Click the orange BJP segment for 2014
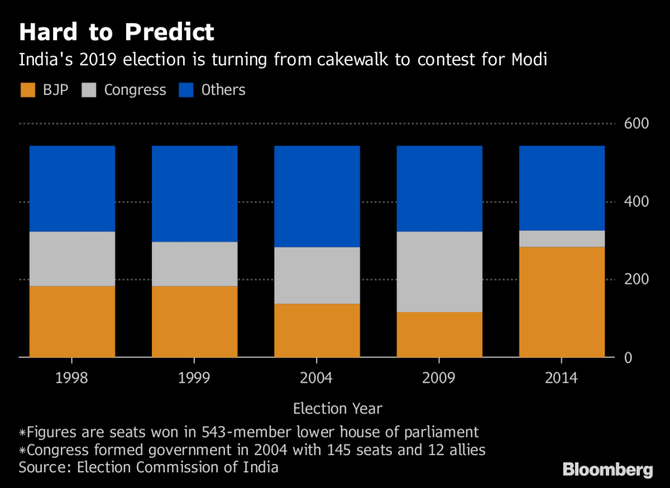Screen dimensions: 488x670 click(561, 302)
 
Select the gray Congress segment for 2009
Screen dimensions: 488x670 click(439, 271)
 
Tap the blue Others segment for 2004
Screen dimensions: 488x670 click(317, 196)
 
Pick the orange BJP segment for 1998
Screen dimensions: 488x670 click(72, 321)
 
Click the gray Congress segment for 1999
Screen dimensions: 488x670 click(194, 264)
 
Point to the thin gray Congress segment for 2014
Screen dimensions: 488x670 click(561, 238)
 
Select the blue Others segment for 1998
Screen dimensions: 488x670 click(72, 188)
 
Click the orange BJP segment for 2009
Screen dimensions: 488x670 click(439, 334)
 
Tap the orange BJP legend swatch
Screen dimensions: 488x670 click(27, 90)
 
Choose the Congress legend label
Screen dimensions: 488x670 click(135, 90)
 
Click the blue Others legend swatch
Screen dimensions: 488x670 click(186, 90)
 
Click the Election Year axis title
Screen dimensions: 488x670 click(338, 409)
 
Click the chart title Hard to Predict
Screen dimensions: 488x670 click(116, 32)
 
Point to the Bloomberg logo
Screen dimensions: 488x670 click(608, 470)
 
